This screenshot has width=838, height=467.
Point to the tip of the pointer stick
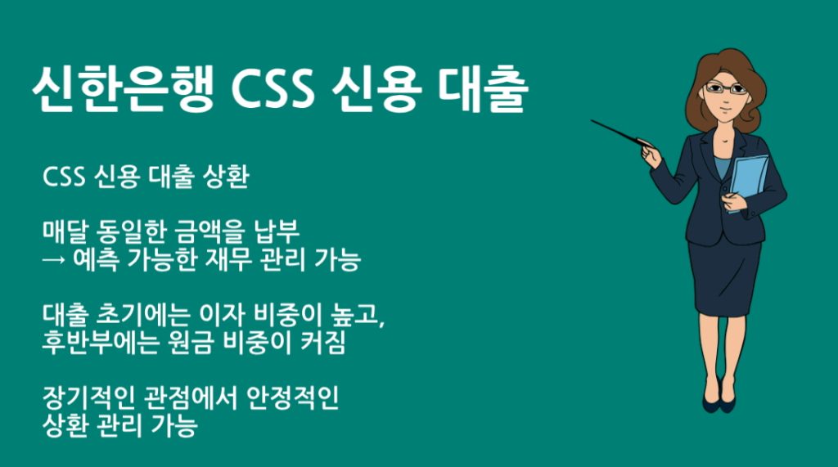pyautogui.click(x=592, y=122)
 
